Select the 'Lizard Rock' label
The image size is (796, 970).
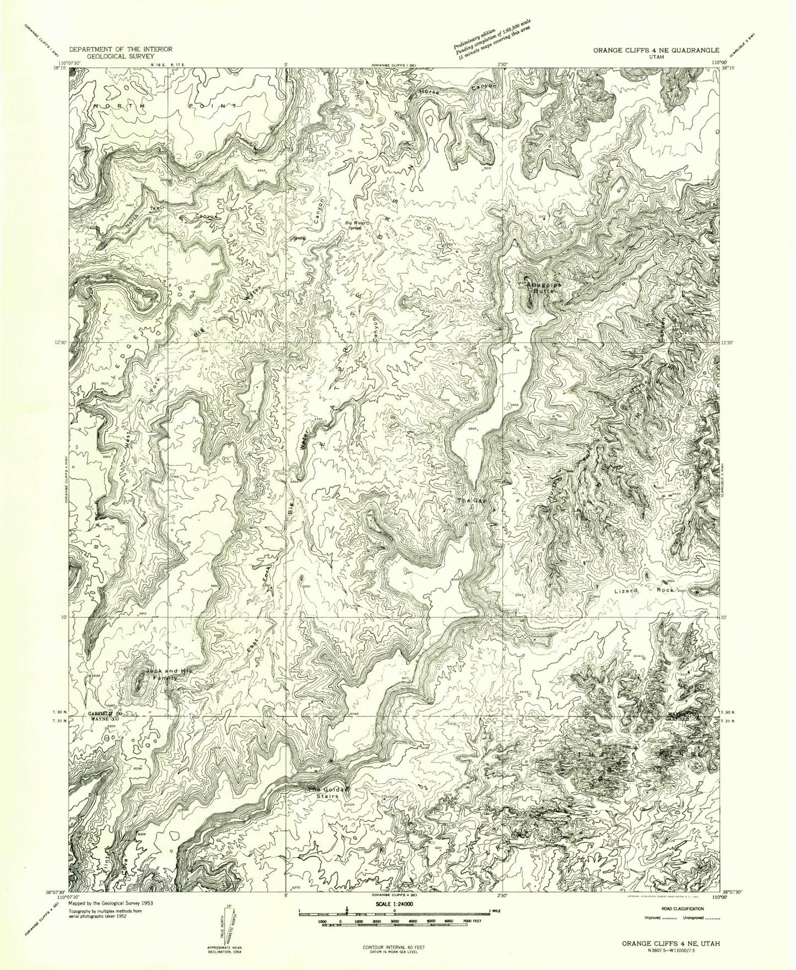click(645, 590)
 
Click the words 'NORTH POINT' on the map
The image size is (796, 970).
click(166, 105)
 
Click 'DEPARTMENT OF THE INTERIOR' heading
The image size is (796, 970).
click(120, 49)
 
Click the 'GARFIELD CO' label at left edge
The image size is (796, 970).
click(101, 713)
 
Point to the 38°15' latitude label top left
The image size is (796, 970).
click(55, 69)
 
